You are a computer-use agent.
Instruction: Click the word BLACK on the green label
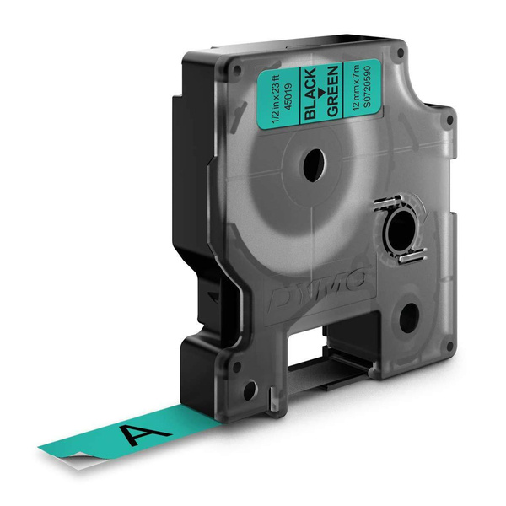pos(310,94)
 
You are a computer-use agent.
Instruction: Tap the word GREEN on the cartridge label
pos(332,91)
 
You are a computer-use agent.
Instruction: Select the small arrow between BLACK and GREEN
pos(321,93)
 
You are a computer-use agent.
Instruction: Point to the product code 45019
pos(288,96)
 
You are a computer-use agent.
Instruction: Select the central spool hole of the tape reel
pos(314,165)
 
